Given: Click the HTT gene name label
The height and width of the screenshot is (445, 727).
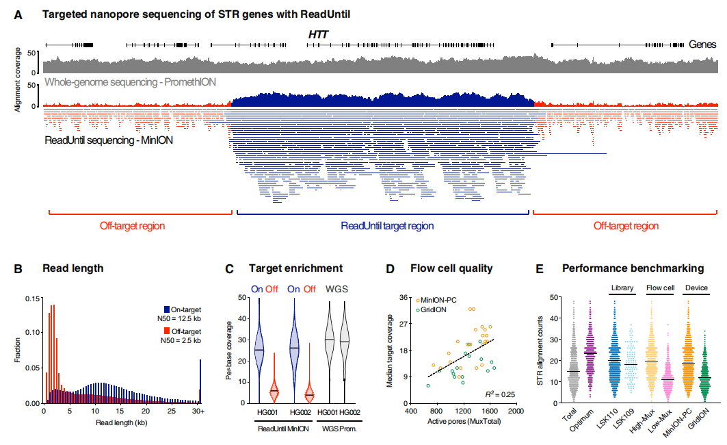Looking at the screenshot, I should tap(319, 32).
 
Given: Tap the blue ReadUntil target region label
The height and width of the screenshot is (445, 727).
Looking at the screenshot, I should tap(387, 226).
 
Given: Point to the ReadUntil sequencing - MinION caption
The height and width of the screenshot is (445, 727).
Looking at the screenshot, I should tap(108, 140).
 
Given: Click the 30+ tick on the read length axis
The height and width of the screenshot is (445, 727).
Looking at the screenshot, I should tap(200, 413).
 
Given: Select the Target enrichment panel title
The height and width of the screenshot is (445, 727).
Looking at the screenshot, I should tap(296, 268).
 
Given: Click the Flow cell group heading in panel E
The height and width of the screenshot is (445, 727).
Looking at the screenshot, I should tap(659, 288).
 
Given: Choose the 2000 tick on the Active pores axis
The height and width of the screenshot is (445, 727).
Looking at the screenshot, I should tap(516, 413).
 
